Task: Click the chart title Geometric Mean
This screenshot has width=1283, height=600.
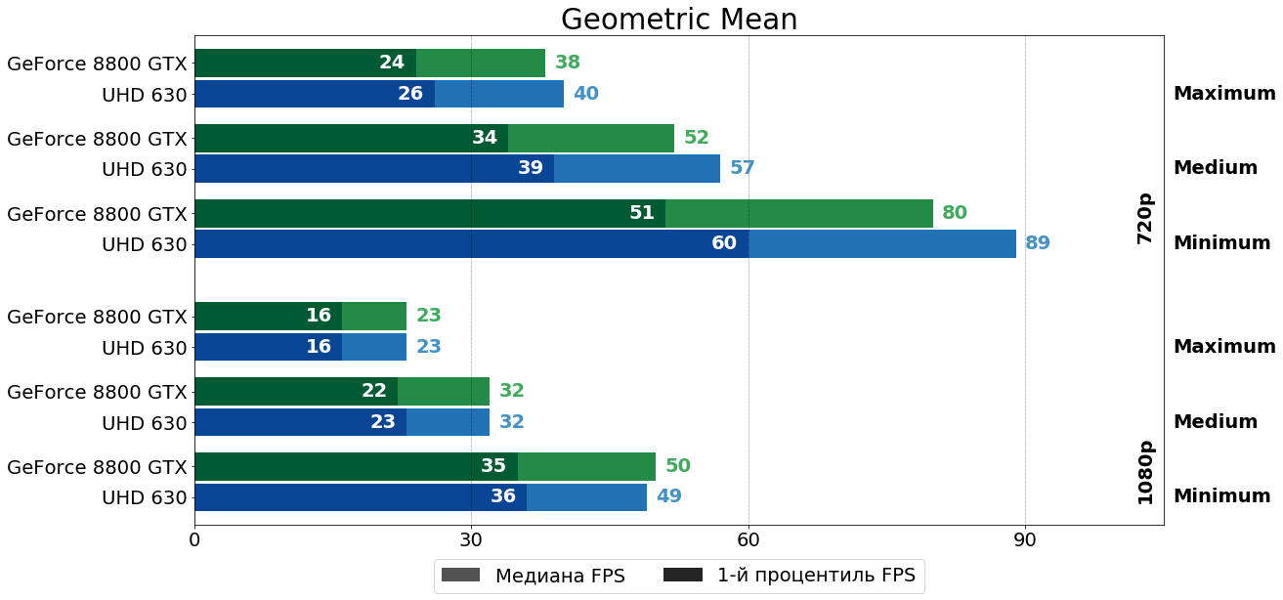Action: pos(679,20)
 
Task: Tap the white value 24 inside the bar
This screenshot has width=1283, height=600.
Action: pos(392,63)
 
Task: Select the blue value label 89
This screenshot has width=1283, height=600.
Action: pos(1038,243)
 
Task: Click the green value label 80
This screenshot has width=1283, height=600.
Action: pos(955,213)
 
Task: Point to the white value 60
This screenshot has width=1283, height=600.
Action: pos(724,243)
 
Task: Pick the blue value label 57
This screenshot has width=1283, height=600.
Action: pos(743,168)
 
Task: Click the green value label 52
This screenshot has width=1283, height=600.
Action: pos(697,138)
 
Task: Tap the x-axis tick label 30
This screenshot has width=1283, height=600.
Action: pos(471,539)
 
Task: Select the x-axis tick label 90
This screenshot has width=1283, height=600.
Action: pos(1025,539)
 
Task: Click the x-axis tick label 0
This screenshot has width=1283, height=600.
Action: pos(194,539)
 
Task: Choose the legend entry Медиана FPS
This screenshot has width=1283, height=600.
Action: pos(534,576)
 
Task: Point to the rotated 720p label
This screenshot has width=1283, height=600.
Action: pos(1145,218)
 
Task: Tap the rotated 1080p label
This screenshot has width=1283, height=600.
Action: pos(1145,472)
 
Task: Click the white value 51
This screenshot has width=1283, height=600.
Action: pos(642,213)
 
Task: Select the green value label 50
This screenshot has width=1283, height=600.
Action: pos(678,466)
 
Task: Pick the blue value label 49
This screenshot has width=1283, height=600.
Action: pos(669,496)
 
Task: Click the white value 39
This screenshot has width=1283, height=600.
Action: pos(531,168)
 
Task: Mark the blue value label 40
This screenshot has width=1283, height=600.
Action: pos(586,94)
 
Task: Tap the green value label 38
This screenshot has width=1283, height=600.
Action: pos(568,63)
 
